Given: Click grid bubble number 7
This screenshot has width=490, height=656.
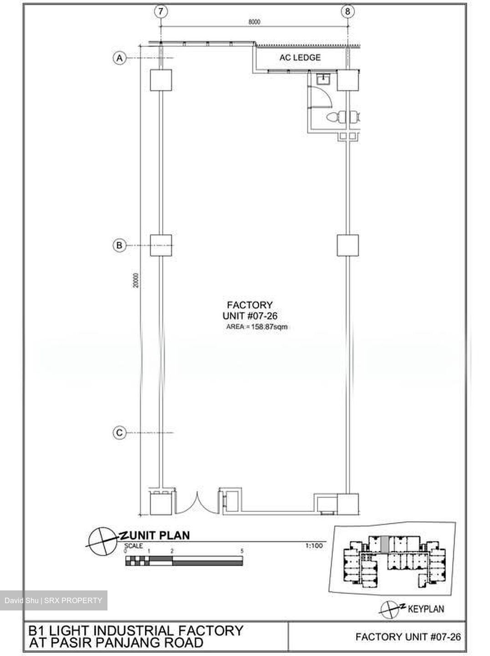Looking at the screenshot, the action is click(161, 11).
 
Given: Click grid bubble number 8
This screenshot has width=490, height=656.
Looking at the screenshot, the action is click(347, 11).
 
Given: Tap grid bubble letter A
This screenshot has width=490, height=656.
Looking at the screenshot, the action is click(119, 58).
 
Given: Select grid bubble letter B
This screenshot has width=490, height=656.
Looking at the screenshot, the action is click(119, 246).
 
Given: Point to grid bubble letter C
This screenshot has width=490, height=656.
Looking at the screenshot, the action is click(119, 432).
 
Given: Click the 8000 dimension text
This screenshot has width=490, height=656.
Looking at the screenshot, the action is click(255, 22).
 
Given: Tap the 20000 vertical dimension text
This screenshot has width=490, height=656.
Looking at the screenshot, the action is click(136, 280).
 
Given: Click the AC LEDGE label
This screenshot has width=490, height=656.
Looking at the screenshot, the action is click(300, 57).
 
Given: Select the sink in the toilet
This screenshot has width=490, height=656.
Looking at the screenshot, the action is click(323, 79).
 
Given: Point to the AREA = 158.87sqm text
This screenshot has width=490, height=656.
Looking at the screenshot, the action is click(257, 327).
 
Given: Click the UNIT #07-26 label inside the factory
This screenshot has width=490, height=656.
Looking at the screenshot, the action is click(250, 316).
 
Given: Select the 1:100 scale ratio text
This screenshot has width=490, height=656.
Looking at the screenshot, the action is click(314, 546).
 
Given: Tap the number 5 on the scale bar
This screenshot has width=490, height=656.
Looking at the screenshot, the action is click(242, 551).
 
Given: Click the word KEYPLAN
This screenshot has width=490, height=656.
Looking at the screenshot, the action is click(426, 609).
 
